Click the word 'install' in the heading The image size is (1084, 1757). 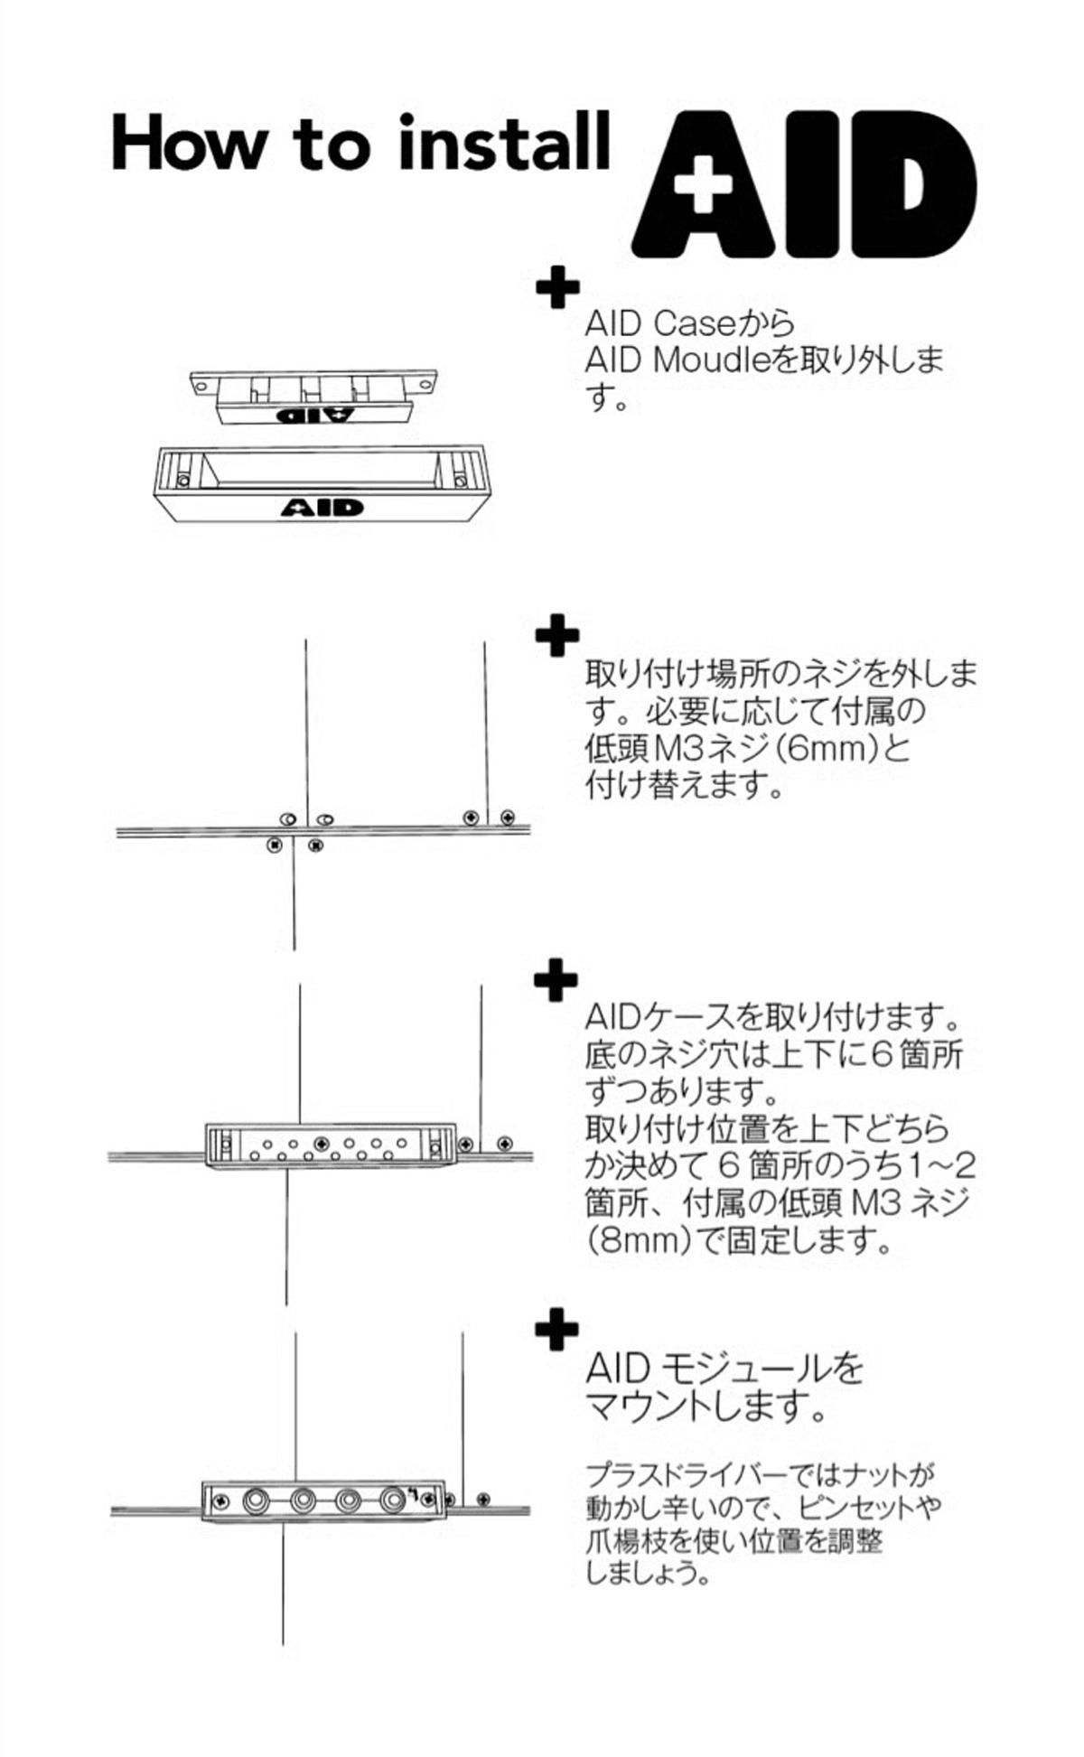[504, 145]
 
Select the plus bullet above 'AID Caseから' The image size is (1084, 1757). [557, 288]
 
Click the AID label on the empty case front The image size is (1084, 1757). [322, 508]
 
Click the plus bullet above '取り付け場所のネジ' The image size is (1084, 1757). [557, 636]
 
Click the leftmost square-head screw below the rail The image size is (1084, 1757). [275, 846]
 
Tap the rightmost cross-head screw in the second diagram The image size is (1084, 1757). [508, 818]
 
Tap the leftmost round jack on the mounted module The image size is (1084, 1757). [257, 1501]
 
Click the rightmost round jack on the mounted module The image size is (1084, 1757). [391, 1500]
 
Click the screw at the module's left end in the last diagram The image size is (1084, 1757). [220, 1501]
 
